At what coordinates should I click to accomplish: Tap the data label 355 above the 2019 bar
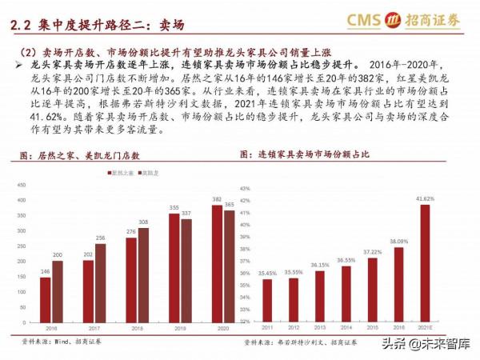173,208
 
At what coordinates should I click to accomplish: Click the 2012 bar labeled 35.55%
294,299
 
